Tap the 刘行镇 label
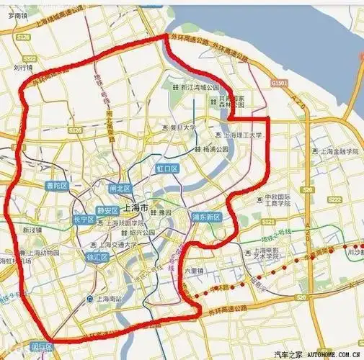(23, 69)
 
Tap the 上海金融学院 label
(334, 152)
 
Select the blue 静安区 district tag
(107, 211)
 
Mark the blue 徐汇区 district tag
(97, 257)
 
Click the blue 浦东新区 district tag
(205, 215)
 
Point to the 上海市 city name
(136, 207)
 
